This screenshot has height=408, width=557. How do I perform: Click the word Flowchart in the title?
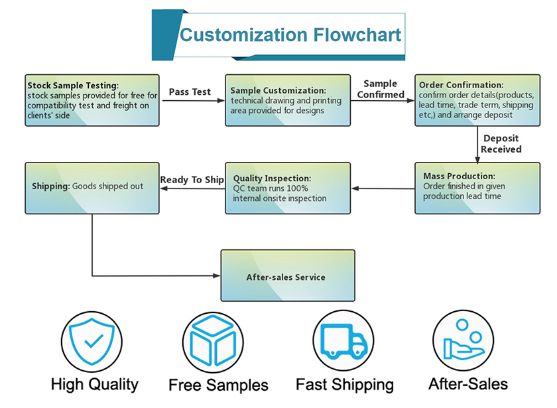[x=357, y=34]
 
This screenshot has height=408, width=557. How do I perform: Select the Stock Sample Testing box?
[x=92, y=100]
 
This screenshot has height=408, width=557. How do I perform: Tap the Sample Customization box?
[x=288, y=100]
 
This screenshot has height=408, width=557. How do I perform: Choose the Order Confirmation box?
[x=477, y=100]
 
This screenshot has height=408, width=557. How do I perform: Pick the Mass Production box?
[x=477, y=188]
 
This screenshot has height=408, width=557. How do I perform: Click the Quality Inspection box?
[x=288, y=188]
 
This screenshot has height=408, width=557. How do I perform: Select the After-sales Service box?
[x=288, y=275]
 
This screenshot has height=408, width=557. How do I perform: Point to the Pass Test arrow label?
[x=190, y=92]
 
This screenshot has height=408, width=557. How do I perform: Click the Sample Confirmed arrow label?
[x=381, y=89]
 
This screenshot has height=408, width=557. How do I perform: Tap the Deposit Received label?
[x=501, y=143]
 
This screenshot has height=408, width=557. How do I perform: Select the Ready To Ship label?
[x=192, y=180]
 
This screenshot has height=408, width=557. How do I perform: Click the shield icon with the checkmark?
[x=92, y=341]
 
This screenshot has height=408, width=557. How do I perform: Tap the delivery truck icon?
[x=343, y=341]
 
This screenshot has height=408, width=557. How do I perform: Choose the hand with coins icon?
[x=464, y=340]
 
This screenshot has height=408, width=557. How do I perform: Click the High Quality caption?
[x=94, y=385]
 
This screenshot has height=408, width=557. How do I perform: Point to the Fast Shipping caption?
[x=345, y=385]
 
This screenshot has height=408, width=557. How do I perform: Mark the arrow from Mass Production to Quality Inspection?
[x=383, y=188]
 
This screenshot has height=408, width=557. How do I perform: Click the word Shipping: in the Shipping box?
[x=51, y=186]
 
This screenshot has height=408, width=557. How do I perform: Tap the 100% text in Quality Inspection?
[x=297, y=188]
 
